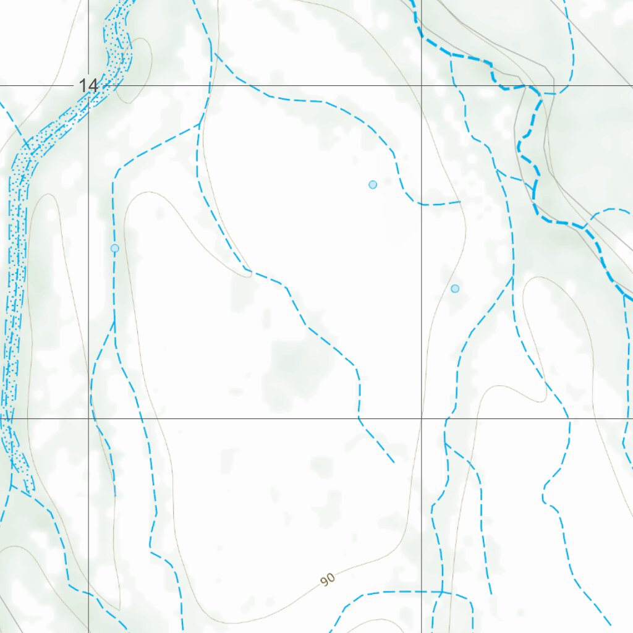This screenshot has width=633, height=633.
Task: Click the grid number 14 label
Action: point(88,85)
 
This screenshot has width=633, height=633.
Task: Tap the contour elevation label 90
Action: point(328,579)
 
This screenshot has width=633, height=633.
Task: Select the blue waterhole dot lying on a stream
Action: point(114,248)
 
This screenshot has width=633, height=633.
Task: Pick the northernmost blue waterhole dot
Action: point(373,184)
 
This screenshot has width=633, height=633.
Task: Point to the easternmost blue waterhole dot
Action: point(455,289)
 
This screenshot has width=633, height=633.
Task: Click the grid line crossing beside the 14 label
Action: point(88,85)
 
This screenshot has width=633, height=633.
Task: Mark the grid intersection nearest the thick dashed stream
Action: point(422,85)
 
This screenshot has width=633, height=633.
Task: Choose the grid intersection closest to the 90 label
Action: point(422,418)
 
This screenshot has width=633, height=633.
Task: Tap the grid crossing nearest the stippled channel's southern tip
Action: point(88,418)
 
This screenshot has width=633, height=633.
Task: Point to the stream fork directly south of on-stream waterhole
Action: point(114,321)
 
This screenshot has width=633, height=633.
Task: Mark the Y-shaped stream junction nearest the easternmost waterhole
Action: point(512,279)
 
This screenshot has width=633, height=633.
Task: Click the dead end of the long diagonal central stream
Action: point(394,462)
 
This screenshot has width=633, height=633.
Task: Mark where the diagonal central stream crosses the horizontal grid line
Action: point(359,418)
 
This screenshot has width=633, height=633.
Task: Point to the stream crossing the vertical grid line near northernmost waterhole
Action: point(422,204)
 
